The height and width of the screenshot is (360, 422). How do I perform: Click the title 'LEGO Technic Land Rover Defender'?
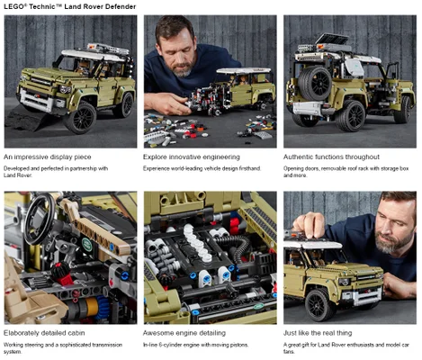point(70,6)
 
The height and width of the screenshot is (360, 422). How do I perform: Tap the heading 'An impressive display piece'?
point(48,157)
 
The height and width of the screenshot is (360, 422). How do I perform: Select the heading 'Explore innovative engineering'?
point(192,157)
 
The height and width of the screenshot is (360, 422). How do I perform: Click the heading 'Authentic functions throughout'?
point(331,157)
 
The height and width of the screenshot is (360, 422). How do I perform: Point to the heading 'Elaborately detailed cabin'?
point(44,333)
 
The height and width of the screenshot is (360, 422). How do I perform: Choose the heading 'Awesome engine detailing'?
point(184,333)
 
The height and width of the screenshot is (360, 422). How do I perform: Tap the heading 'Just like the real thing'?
point(318,333)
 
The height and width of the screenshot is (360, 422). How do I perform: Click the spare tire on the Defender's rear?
point(315,84)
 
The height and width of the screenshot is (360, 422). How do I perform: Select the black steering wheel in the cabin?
point(40,219)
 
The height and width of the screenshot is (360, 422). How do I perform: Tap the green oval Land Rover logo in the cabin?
point(87,244)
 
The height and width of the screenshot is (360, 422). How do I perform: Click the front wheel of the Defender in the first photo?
point(80,118)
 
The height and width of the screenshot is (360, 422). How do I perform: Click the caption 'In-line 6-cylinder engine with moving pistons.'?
point(195,345)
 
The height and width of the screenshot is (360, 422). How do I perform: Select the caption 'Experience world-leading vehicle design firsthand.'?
point(202,168)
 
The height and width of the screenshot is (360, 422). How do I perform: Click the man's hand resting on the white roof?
point(309,225)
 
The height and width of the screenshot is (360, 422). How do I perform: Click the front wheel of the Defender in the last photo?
point(319,305)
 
